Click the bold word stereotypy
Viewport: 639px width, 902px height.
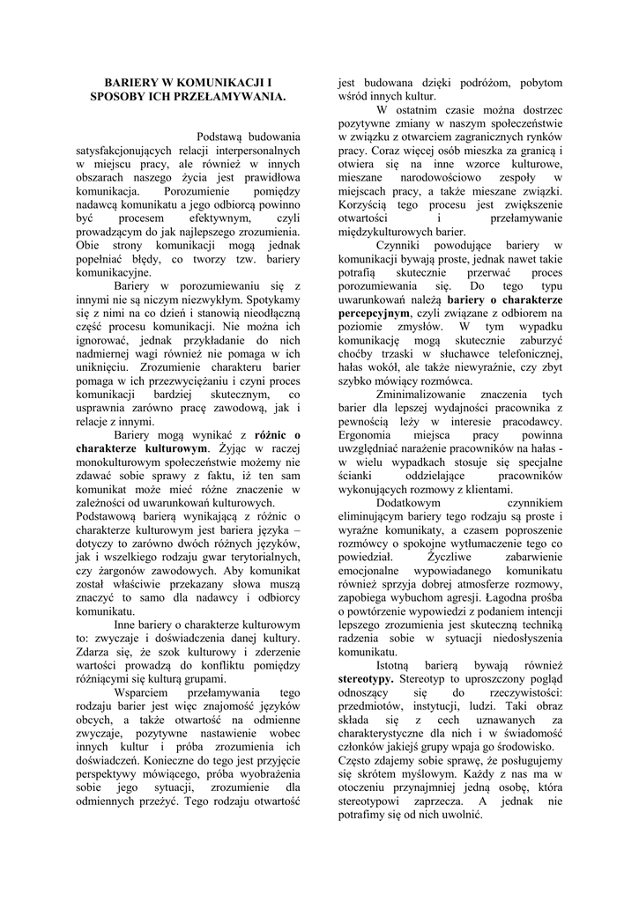click(366, 679)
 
